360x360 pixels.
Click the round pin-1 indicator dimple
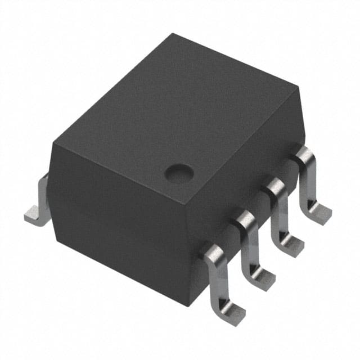point(178,172)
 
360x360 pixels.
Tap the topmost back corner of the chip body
point(173,35)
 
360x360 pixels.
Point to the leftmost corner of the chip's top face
point(52,143)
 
